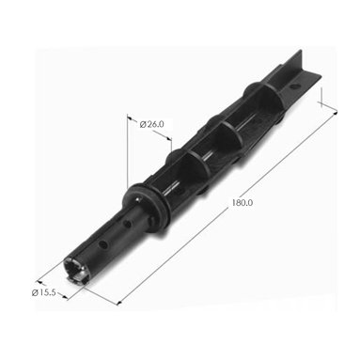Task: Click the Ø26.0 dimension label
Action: pos(151,124)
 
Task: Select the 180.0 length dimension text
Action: pos(243,203)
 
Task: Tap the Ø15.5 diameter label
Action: pos(43,293)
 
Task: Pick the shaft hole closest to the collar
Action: pos(127,224)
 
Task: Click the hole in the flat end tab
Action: pos(293,86)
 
